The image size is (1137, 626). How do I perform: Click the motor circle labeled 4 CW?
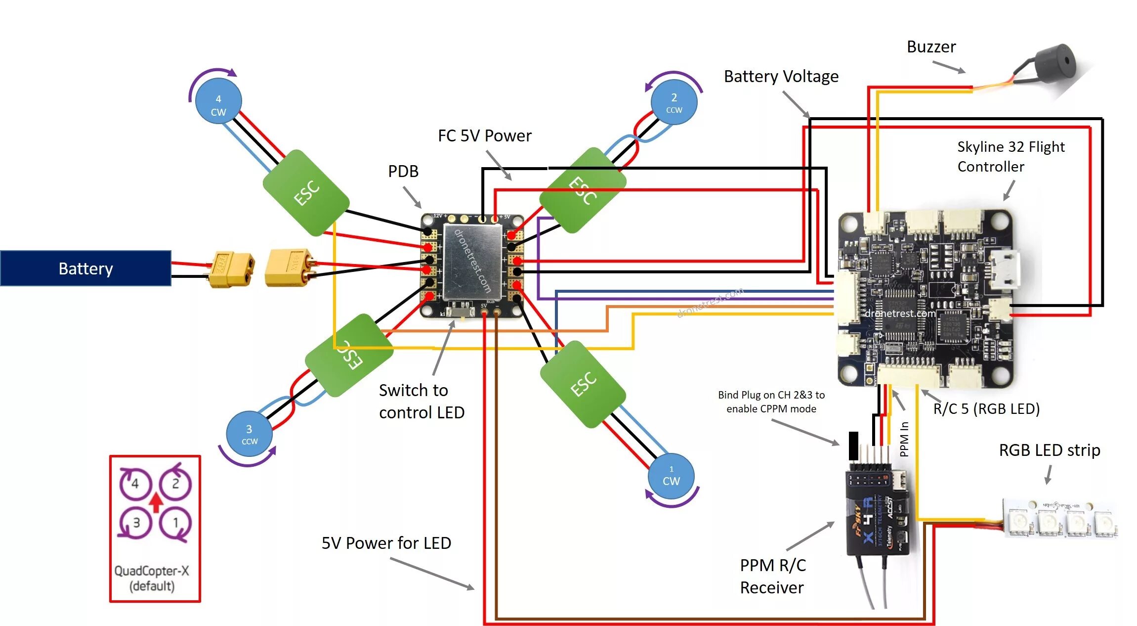[218, 102]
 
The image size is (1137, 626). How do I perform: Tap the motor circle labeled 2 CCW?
[674, 102]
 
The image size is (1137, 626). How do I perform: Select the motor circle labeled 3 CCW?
[249, 434]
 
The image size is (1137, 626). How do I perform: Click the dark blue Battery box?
[85, 268]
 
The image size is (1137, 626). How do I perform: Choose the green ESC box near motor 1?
[583, 384]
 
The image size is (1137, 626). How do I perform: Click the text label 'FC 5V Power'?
[484, 136]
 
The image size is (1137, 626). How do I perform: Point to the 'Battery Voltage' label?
[781, 77]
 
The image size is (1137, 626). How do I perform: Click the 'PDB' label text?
[403, 172]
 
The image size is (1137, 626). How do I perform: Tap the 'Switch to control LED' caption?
[421, 401]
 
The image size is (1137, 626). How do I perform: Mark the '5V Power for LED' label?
[386, 543]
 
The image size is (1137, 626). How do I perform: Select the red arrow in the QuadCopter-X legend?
[156, 502]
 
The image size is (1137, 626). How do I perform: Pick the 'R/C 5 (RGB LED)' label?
[986, 409]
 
